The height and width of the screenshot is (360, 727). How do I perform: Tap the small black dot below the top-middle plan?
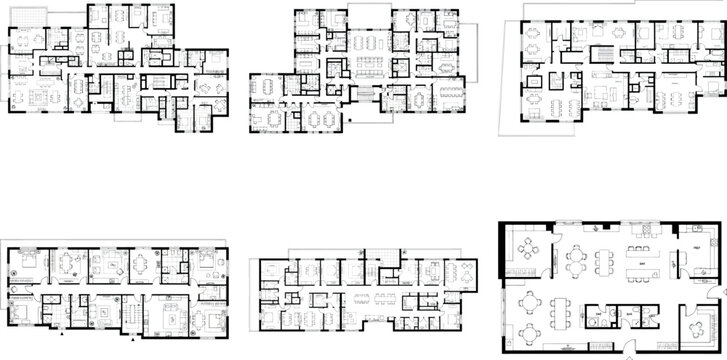[350, 121]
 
